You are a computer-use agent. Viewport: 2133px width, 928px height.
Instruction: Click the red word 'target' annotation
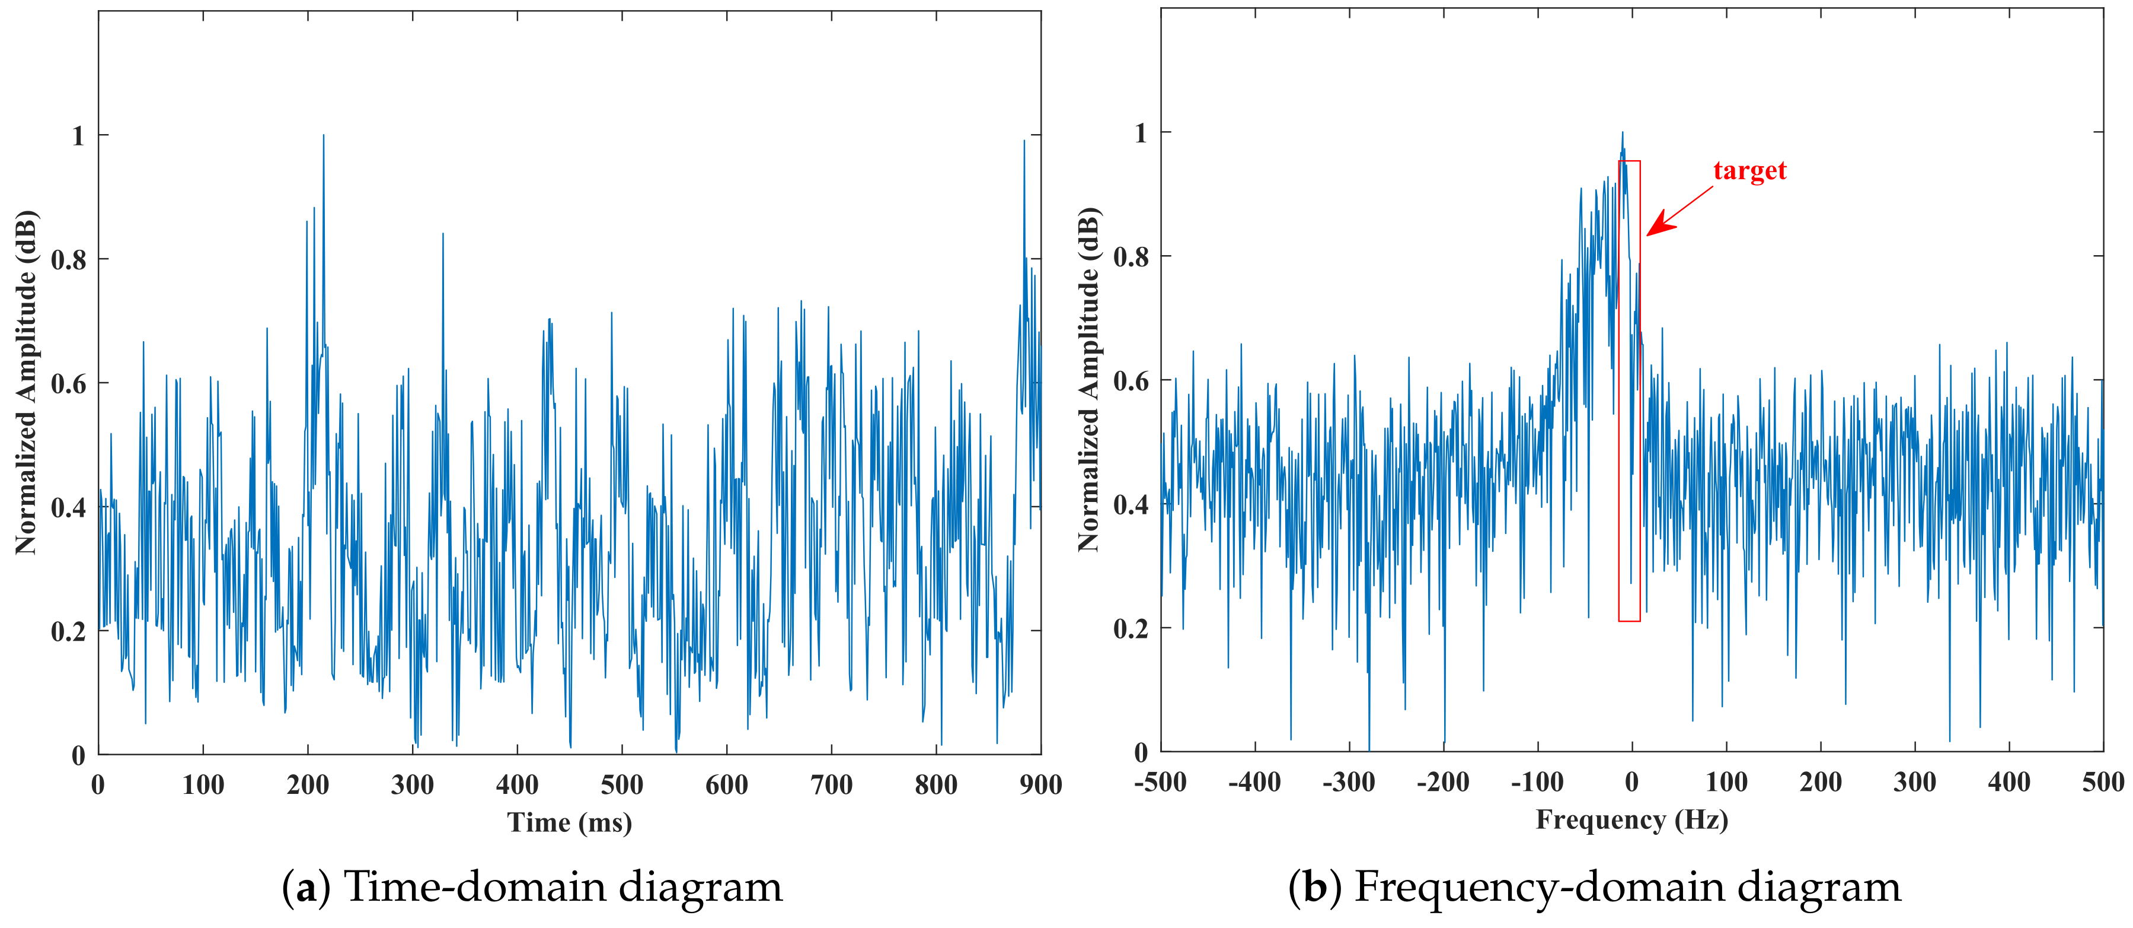[x=1749, y=171]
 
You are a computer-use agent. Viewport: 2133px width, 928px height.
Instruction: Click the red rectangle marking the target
[x=1629, y=389]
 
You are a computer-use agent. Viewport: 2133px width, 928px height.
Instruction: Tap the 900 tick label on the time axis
[x=1040, y=784]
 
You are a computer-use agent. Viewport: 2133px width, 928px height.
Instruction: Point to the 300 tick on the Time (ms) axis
[x=413, y=784]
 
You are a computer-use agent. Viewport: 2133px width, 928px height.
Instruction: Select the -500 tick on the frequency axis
[x=1160, y=781]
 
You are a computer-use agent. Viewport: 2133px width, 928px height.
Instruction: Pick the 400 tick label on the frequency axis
[x=2009, y=781]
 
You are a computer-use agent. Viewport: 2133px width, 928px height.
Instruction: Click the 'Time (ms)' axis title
[x=570, y=822]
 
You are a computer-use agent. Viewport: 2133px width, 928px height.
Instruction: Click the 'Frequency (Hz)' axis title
[x=1631, y=819]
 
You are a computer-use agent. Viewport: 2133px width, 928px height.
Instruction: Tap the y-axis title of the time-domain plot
[x=27, y=383]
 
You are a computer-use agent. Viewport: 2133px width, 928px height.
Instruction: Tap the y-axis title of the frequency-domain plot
[x=1089, y=380]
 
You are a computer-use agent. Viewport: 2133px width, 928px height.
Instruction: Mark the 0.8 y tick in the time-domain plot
[x=68, y=259]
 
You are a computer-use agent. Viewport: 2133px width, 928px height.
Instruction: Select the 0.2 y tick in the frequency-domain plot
[x=1131, y=628]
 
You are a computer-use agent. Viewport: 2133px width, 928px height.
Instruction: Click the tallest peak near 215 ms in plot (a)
[x=323, y=136]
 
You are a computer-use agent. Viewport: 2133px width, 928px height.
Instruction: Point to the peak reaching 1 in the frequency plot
[x=1622, y=134]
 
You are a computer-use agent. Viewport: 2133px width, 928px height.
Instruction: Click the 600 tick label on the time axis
[x=726, y=784]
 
